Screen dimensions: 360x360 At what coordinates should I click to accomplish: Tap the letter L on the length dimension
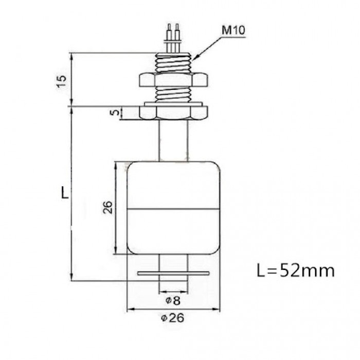pyautogui.click(x=63, y=193)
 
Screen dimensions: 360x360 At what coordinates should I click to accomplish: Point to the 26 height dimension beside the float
pyautogui.click(x=108, y=207)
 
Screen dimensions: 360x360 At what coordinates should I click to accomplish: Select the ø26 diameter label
pyautogui.click(x=172, y=318)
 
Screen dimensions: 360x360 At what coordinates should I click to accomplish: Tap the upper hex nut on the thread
pyautogui.click(x=172, y=80)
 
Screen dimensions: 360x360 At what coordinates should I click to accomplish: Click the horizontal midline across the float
pyautogui.click(x=172, y=209)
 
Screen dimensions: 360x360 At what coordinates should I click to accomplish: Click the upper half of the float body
pyautogui.click(x=172, y=185)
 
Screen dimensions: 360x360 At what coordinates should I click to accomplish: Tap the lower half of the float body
pyautogui.click(x=172, y=231)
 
